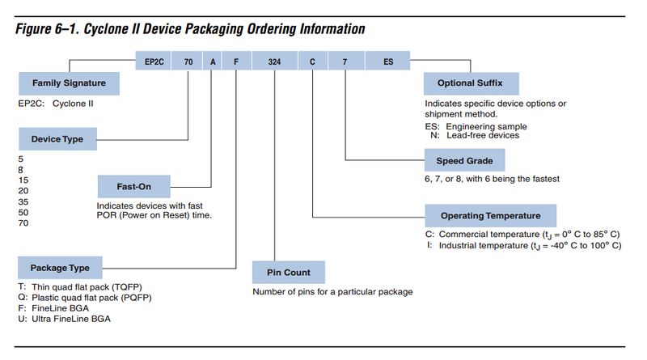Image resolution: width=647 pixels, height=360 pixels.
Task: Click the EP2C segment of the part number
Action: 154,61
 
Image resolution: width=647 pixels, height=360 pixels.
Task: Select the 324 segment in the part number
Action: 274,61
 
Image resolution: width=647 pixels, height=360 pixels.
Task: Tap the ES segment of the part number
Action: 388,61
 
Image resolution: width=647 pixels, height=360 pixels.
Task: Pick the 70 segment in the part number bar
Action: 188,61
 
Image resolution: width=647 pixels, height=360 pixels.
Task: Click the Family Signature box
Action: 69,83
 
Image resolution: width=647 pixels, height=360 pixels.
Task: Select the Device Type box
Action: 57,139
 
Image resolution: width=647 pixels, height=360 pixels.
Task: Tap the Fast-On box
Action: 134,187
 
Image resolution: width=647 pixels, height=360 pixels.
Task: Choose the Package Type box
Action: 60,268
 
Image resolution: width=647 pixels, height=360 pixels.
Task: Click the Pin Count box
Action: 289,273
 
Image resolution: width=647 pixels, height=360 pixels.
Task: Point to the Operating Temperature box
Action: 491,215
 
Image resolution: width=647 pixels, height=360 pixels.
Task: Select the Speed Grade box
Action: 464,161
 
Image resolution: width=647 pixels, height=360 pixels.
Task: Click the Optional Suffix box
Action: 472,83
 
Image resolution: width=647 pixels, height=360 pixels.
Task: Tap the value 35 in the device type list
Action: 23,202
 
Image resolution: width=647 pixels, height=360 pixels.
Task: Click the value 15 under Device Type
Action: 23,180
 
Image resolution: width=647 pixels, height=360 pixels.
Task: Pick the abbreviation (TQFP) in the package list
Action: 127,287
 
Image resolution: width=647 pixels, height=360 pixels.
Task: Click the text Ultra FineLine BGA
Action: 71,319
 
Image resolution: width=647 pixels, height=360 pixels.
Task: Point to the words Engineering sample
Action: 487,127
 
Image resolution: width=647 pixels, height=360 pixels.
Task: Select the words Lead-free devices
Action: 483,135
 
